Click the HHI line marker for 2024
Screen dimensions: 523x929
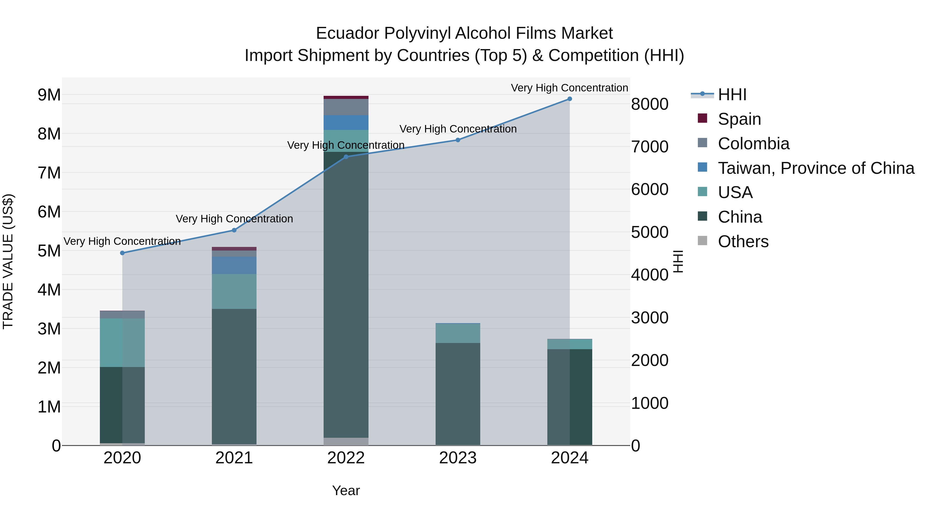570,99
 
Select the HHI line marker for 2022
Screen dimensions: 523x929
346,157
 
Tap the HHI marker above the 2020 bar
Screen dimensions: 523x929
122,253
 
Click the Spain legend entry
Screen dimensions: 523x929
739,119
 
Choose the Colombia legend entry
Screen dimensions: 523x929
753,144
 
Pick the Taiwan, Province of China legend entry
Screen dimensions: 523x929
816,168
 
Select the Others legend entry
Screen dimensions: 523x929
743,241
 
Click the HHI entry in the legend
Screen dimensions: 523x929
732,95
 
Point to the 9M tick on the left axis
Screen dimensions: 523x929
49,95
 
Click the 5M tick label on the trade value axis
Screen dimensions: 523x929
49,251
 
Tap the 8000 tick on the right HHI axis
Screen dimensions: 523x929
650,104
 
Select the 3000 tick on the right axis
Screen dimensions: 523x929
650,318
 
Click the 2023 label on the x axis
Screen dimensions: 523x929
458,458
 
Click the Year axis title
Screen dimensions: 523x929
346,490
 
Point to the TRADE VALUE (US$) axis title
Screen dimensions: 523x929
8,261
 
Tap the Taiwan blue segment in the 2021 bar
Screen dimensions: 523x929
234,265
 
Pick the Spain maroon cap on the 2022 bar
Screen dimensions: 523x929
346,97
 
